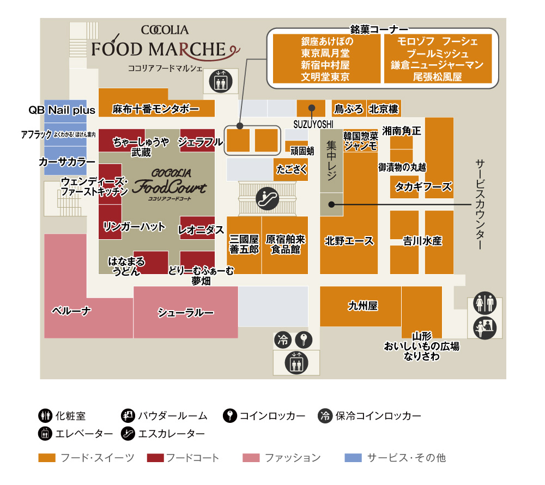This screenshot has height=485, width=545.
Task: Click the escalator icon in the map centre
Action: click(267, 199)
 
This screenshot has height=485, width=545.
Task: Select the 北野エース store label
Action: click(349, 241)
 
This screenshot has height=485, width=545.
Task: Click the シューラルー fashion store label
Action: click(186, 312)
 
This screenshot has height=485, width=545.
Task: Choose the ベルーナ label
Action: click(71, 311)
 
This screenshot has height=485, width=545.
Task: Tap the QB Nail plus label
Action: click(62, 110)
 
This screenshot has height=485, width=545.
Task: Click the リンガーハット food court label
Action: click(134, 227)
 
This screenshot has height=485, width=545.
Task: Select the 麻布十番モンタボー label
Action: click(156, 108)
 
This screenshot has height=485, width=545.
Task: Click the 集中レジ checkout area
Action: click(331, 161)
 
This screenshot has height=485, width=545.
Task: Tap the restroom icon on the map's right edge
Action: click(485, 302)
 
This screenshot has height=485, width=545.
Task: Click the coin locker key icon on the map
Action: click(304, 341)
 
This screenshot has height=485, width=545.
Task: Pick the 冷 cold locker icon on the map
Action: click(283, 341)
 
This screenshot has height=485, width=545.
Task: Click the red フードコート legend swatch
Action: click(155, 458)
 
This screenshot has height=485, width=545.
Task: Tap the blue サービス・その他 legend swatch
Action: click(353, 458)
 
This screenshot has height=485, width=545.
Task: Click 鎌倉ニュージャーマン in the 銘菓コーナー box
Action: click(438, 65)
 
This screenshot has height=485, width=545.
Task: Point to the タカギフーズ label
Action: click(423, 187)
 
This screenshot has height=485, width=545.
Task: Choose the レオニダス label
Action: click(201, 230)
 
